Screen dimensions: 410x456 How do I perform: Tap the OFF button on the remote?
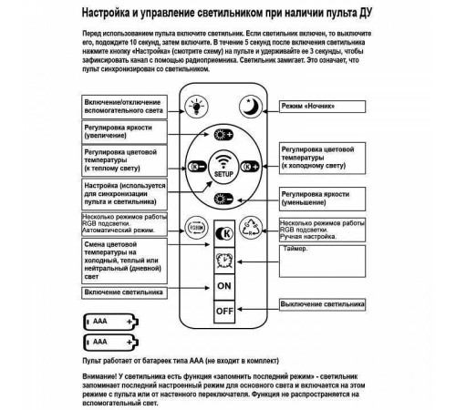224,310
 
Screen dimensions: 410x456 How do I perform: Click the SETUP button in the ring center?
223,167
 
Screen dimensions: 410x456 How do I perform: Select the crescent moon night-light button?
251,106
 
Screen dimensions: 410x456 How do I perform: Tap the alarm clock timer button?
224,261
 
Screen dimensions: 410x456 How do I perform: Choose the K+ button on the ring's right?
255,168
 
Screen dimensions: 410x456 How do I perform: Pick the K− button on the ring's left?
192,168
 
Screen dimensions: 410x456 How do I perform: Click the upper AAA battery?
109,322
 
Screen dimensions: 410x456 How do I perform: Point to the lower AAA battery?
109,342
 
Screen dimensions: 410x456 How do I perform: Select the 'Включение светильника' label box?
124,292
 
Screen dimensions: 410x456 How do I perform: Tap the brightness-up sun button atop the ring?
223,134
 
